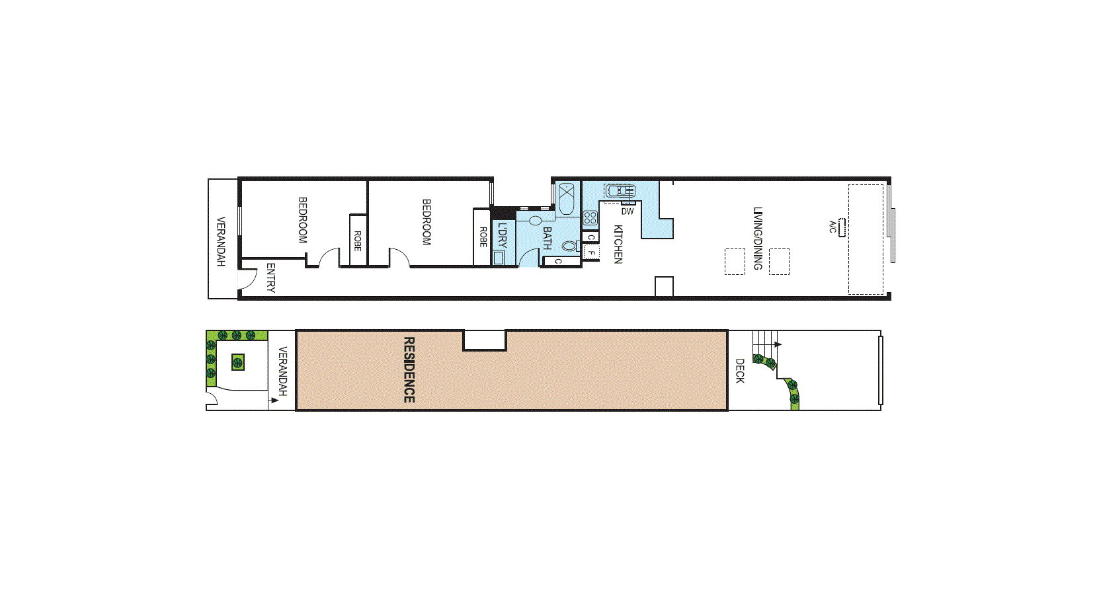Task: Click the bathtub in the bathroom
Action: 566,199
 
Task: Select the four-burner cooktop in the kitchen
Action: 590,218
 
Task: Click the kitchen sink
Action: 619,190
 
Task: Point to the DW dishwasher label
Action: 628,211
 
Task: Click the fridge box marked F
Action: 591,252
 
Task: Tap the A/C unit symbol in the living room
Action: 842,227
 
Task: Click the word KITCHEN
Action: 618,244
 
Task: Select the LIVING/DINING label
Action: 758,239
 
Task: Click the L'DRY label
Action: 502,235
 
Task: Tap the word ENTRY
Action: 271,278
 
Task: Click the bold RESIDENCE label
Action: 409,370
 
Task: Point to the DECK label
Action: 740,371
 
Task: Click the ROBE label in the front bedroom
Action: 357,241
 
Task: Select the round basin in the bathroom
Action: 536,221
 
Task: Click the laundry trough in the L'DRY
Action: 498,258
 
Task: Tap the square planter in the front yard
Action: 237,362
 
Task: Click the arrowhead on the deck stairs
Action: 778,344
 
